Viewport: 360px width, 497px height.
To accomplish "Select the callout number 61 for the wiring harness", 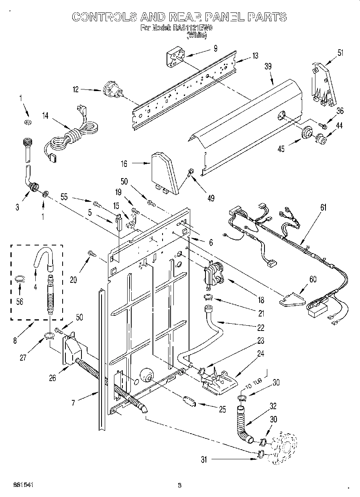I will coord(323,207).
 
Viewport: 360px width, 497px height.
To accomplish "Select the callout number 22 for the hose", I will coord(260,328).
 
